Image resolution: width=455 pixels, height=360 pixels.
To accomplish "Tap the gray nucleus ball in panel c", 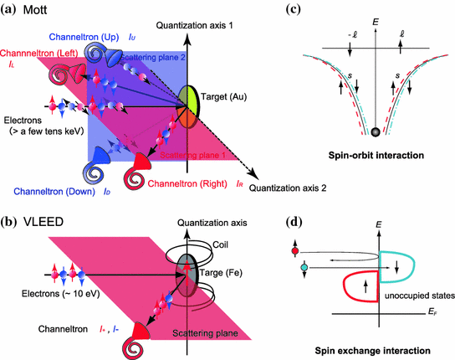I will [376, 131].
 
